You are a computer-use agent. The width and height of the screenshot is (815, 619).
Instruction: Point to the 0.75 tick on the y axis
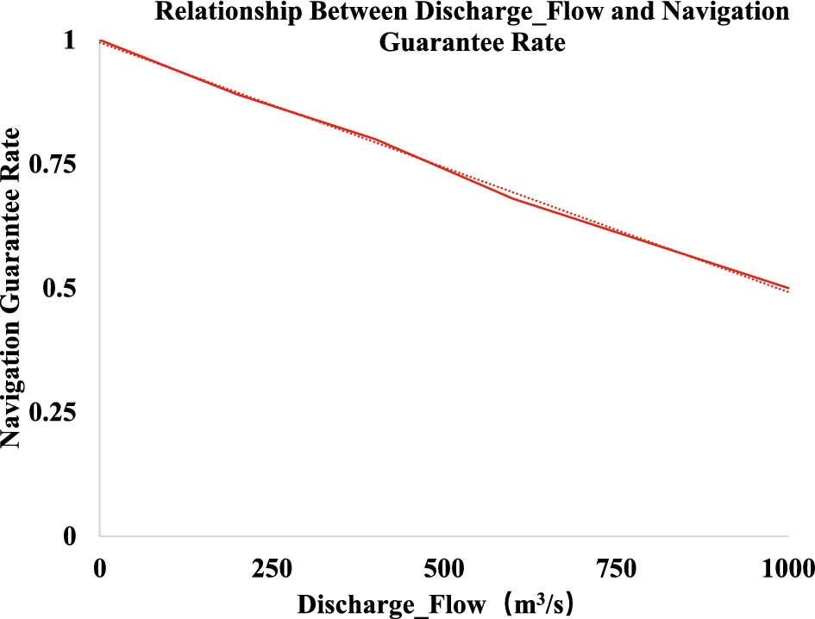53,166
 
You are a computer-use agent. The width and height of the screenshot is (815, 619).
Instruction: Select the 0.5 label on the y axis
60,289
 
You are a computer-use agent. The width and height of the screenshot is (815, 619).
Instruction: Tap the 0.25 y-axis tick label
53,412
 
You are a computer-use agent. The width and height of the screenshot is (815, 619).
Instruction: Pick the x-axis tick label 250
273,569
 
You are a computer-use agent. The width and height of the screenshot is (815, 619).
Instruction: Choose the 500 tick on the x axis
445,569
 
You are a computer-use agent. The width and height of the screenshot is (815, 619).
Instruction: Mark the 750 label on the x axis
617,569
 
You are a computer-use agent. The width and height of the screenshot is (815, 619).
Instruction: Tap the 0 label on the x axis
101,569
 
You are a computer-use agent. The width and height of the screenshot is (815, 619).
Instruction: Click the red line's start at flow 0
101,41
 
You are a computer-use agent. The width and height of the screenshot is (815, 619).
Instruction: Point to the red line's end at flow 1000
788,288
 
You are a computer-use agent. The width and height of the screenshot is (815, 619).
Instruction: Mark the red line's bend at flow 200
239,94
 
